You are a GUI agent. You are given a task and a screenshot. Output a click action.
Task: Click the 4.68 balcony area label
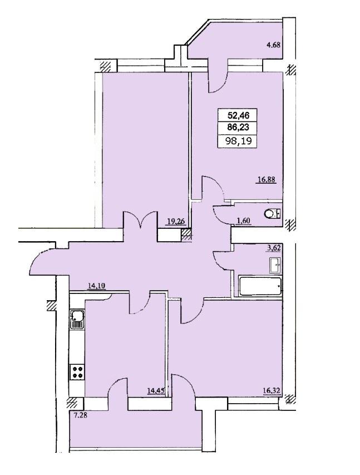pos(273,45)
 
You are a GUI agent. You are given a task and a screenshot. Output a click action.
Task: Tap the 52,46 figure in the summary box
pos(238,115)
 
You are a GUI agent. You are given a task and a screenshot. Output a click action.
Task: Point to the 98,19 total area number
pos(238,141)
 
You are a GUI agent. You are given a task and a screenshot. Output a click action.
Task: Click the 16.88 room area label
pos(267,180)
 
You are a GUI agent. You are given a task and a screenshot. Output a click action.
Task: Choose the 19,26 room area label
pos(176,222)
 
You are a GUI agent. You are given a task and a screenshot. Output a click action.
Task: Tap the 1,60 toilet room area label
pos(243,221)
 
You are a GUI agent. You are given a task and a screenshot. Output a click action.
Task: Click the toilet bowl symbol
pos(272,214)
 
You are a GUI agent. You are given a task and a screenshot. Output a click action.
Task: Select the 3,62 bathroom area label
pos(274,248)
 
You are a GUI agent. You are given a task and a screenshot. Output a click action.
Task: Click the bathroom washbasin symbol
pos(275,266)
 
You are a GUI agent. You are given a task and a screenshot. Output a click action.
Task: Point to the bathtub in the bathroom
pos(260,286)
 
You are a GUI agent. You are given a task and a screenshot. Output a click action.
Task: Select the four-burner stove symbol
pos(78,371)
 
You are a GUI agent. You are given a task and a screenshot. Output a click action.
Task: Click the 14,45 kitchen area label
pos(156,390)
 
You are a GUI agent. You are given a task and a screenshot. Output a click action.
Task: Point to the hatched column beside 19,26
pos(186,235)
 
